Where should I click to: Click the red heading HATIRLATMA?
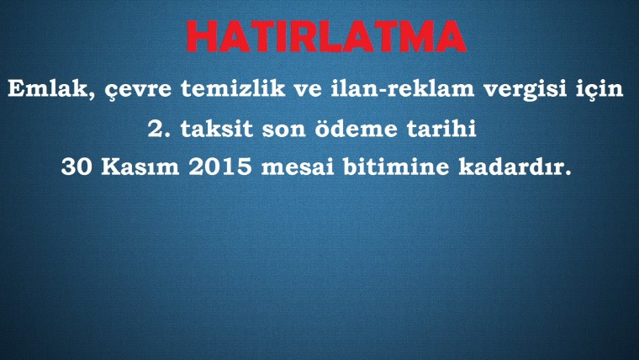326,36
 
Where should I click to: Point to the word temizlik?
233,88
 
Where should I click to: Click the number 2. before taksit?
160,129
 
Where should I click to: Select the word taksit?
216,129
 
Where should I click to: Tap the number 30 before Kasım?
77,167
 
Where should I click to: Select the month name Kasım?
140,167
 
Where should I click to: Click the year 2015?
220,167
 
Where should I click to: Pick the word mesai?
298,167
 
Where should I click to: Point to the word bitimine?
396,167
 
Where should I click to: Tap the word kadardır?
515,167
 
